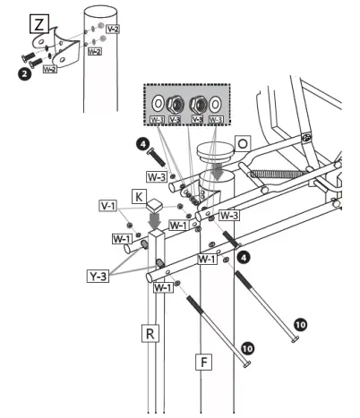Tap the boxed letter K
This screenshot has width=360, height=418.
[x=140, y=195]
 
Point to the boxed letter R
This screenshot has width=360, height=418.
[x=151, y=334]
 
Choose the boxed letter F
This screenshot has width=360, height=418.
[x=205, y=363]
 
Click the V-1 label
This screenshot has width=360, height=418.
[x=109, y=206]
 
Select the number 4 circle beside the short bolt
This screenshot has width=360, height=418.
[x=141, y=141]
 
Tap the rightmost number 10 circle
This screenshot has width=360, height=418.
[x=301, y=324]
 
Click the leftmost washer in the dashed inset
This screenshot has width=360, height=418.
[x=159, y=100]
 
